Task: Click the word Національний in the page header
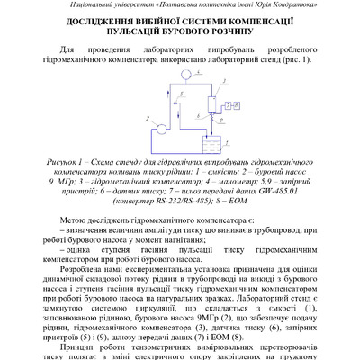[98, 5]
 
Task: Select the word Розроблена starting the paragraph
[88, 293]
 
